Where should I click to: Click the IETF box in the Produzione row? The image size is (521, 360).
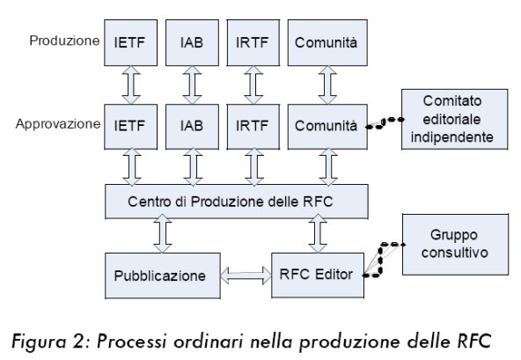(130, 42)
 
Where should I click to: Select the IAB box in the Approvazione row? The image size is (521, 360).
(192, 127)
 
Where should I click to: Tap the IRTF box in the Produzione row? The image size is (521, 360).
(253, 42)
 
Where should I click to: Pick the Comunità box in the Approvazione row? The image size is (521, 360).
(327, 127)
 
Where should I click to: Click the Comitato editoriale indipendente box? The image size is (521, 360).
(454, 119)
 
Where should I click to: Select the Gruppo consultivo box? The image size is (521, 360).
(455, 245)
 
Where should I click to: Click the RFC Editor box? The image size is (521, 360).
(318, 275)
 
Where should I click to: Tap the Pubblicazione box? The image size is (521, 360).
(163, 276)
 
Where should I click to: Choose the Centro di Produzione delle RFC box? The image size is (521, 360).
(237, 202)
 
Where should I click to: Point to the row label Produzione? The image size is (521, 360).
(64, 40)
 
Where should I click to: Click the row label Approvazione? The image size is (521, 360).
(58, 124)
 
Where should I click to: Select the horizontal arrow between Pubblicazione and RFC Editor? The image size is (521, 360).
(246, 276)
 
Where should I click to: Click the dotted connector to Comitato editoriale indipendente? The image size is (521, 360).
(384, 122)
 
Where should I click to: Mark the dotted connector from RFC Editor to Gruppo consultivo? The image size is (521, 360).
(381, 260)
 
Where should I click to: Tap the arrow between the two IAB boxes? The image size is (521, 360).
(192, 85)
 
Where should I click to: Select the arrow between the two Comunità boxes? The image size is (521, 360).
(327, 85)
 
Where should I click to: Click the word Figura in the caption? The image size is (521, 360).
(39, 342)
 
